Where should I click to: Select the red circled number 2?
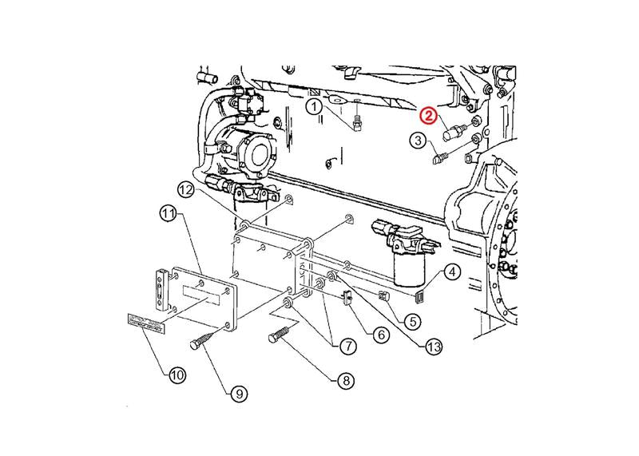(430, 117)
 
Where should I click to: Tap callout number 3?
(418, 141)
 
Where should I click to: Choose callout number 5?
(412, 322)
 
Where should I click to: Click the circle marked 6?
(380, 335)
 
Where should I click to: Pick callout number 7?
(347, 347)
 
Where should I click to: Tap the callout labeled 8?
(345, 381)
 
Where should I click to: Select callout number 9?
(237, 392)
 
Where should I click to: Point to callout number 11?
(167, 213)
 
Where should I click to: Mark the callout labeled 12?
(186, 189)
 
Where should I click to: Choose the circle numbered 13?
(433, 347)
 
